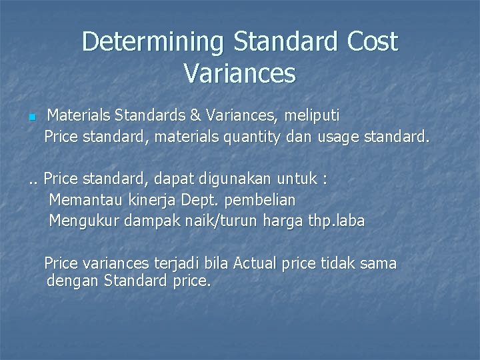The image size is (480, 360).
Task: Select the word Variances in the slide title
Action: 239,73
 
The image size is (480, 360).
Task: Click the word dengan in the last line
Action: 72,281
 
